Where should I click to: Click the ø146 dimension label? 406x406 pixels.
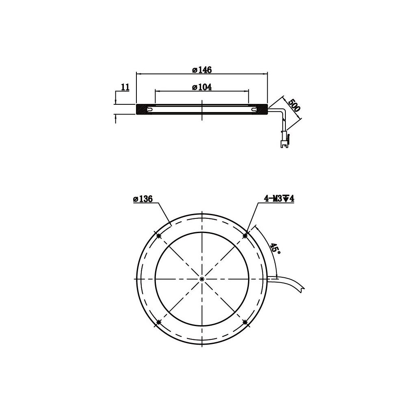(202, 70)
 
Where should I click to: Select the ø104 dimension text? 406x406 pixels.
(202, 87)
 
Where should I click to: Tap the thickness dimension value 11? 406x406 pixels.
(125, 87)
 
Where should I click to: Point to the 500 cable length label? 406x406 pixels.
(294, 105)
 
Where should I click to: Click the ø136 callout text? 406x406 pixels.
(143, 199)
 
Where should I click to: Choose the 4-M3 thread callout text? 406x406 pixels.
(279, 199)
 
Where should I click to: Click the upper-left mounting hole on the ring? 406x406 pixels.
(159, 235)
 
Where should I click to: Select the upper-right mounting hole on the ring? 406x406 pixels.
(245, 235)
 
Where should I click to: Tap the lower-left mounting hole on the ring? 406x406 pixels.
(159, 322)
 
